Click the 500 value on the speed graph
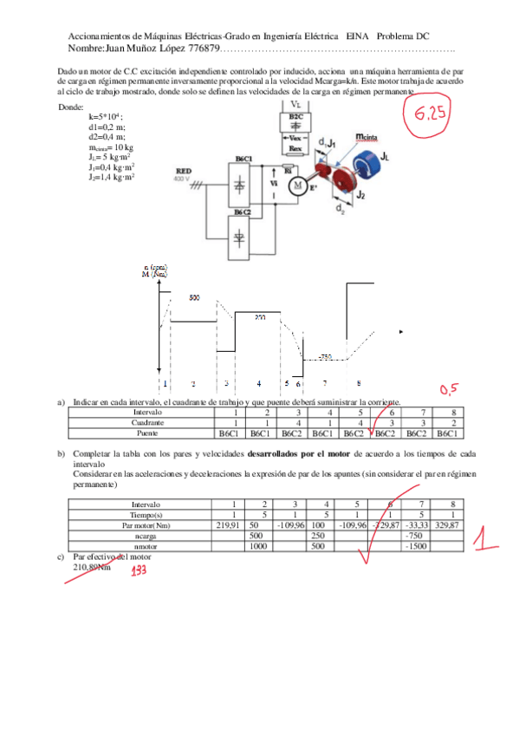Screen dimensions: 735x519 (x=194, y=297)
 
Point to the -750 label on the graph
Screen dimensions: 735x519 (x=326, y=356)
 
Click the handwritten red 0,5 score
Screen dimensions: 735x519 (x=450, y=388)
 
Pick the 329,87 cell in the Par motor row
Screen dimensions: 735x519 (x=446, y=525)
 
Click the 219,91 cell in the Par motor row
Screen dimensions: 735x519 (x=227, y=525)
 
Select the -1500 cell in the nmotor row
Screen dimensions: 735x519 (x=415, y=546)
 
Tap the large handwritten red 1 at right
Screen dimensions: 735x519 (x=488, y=542)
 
